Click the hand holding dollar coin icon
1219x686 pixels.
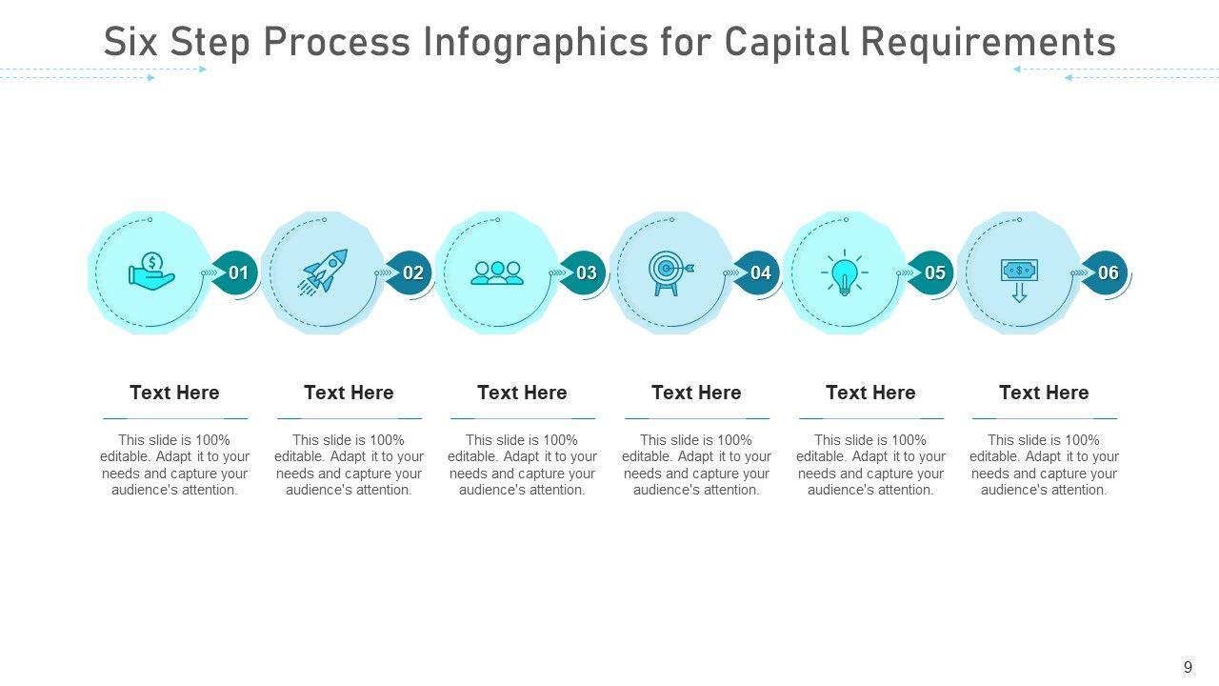click(151, 272)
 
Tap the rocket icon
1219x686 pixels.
click(324, 272)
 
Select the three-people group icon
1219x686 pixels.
click(497, 272)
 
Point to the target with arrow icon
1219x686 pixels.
click(670, 273)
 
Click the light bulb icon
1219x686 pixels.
click(844, 273)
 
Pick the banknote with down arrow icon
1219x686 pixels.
click(1019, 278)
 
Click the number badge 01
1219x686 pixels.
click(238, 273)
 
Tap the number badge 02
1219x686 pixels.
click(412, 273)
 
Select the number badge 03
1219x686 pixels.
click(587, 273)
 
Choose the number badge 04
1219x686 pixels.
click(760, 273)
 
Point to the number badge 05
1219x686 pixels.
click(934, 273)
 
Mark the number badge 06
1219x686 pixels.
click(1108, 273)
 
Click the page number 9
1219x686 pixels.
click(1188, 668)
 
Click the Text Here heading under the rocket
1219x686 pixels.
click(349, 393)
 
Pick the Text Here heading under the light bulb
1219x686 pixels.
click(870, 393)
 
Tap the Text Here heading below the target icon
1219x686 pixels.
click(696, 393)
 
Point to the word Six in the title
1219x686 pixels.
click(130, 43)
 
